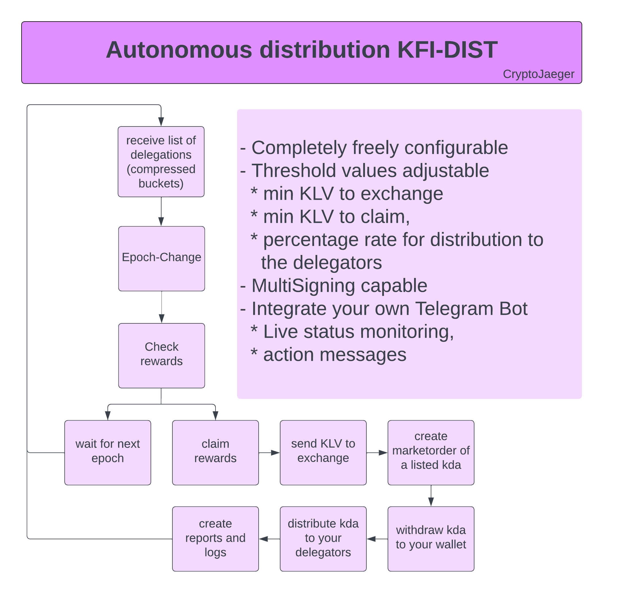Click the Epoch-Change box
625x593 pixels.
(x=161, y=259)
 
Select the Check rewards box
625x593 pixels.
(x=161, y=356)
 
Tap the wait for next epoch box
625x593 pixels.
(x=107, y=453)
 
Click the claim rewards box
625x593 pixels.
(x=215, y=453)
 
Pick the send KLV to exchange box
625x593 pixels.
(x=323, y=453)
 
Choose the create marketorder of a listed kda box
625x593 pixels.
(x=431, y=453)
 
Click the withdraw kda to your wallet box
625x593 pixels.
(x=431, y=539)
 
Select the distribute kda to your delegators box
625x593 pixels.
(x=323, y=539)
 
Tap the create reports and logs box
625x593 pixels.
(x=215, y=539)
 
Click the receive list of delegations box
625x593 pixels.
(x=161, y=162)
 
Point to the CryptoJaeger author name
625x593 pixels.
(x=539, y=74)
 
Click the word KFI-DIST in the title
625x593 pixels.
(x=447, y=50)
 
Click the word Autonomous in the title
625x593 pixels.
(x=179, y=50)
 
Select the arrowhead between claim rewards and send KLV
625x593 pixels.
(x=275, y=453)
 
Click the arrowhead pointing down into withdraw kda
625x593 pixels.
(x=431, y=502)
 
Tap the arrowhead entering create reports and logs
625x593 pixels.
(x=264, y=539)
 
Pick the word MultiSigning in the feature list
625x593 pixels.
(x=303, y=286)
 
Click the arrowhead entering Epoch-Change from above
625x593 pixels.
(x=161, y=222)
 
